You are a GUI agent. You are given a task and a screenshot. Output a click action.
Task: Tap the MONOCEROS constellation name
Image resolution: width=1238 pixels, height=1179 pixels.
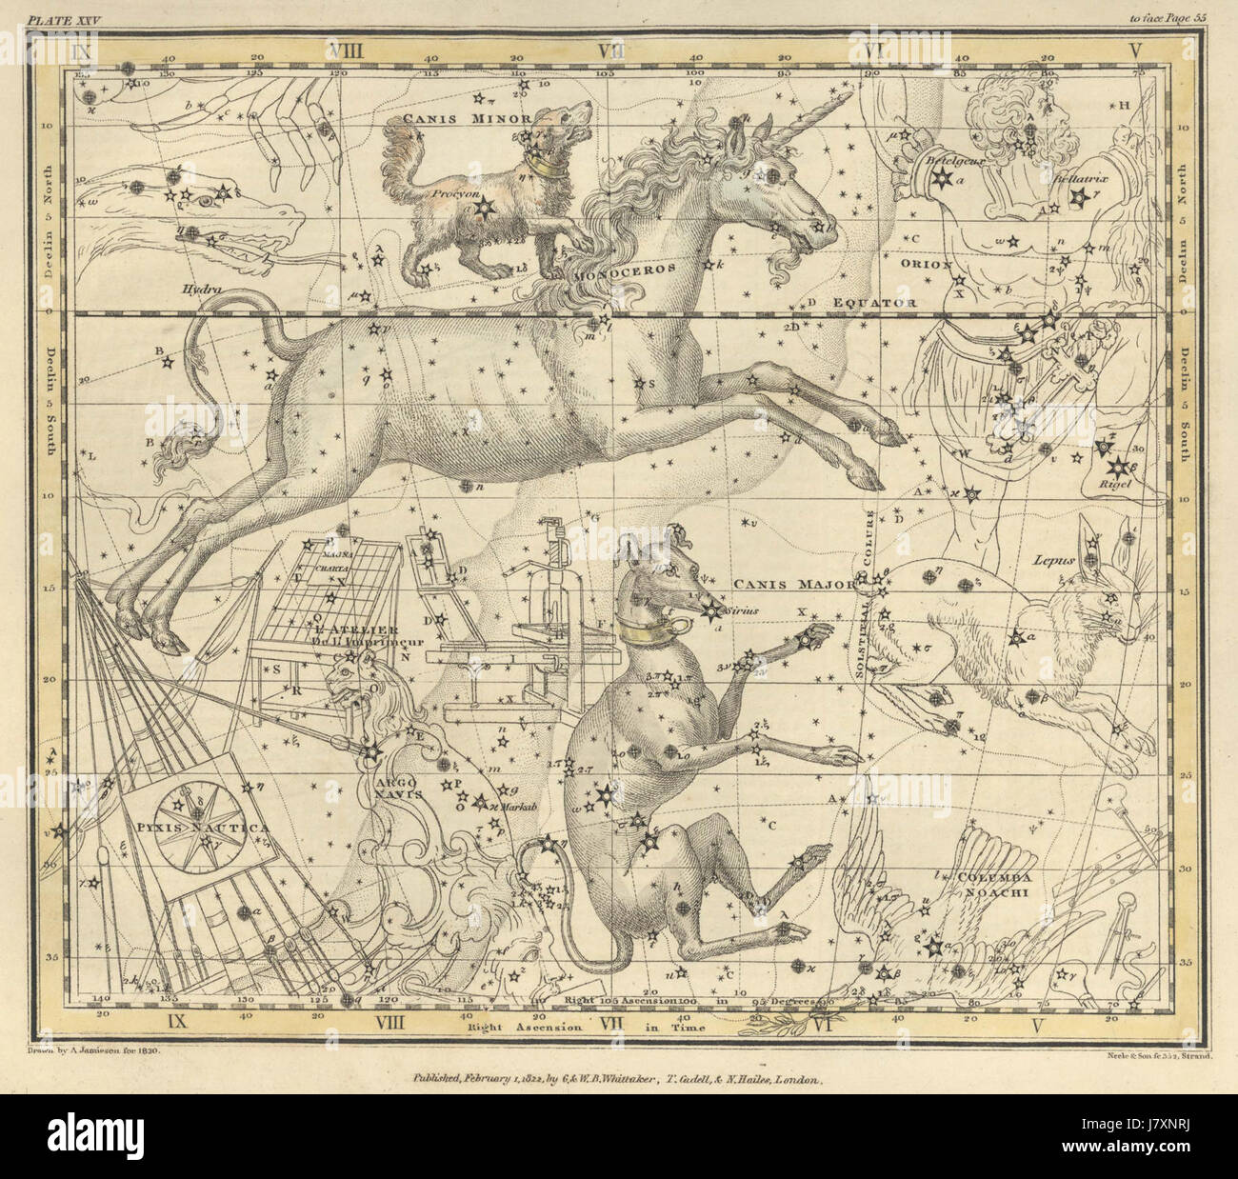pyautogui.click(x=624, y=269)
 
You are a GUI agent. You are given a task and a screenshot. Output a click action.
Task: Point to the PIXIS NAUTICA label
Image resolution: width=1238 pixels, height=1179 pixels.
pyautogui.click(x=201, y=828)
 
